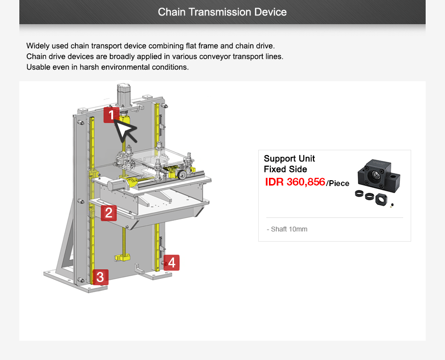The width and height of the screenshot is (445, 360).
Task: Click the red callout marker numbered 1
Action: click(x=111, y=115)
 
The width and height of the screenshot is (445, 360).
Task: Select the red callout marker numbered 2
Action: click(x=108, y=213)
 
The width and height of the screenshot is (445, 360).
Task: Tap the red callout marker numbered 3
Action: click(x=100, y=277)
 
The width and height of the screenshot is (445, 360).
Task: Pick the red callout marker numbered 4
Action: click(x=171, y=262)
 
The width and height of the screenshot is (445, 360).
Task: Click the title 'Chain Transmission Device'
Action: click(x=222, y=12)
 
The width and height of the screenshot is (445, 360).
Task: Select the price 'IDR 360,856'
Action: click(x=295, y=182)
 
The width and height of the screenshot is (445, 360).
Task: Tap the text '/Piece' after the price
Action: click(x=338, y=184)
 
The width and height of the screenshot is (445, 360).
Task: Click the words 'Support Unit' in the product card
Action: click(x=289, y=158)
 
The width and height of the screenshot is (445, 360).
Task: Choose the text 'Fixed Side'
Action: click(x=285, y=169)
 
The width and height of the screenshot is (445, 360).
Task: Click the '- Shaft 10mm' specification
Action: click(x=287, y=229)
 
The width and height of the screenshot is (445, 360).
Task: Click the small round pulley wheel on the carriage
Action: click(x=182, y=174)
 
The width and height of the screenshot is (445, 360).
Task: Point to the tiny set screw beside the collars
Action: click(x=392, y=204)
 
